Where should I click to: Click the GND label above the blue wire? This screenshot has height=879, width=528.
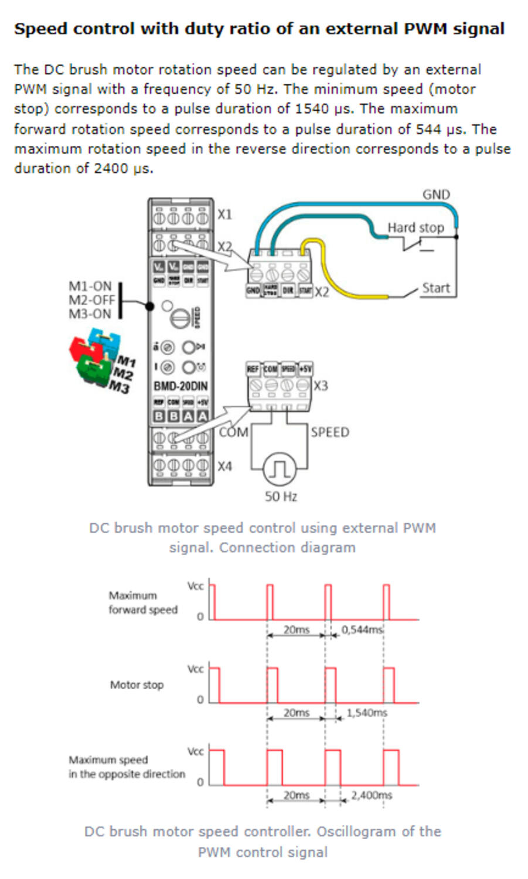436,195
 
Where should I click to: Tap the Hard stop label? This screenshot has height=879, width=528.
415,227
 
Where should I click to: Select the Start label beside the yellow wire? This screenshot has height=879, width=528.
436,288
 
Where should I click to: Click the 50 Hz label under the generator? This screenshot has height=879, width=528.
281,496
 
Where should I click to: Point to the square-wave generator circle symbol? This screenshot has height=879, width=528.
280,468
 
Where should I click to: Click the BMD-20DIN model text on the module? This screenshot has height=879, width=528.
180,386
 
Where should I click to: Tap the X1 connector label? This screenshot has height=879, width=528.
225,214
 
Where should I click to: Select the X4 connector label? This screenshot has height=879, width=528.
225,466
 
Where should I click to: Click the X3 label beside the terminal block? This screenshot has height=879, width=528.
321,386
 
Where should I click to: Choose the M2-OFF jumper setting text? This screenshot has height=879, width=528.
91,300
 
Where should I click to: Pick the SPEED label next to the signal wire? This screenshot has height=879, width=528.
330,432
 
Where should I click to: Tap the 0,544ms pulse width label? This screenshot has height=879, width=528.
362,630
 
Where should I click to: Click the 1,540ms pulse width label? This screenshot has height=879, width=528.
367,713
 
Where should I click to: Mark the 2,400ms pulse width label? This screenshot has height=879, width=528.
372,795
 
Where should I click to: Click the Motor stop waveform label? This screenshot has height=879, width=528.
137,684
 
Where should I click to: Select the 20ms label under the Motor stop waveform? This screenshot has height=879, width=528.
297,713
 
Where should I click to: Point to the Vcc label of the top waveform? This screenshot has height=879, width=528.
195,586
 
